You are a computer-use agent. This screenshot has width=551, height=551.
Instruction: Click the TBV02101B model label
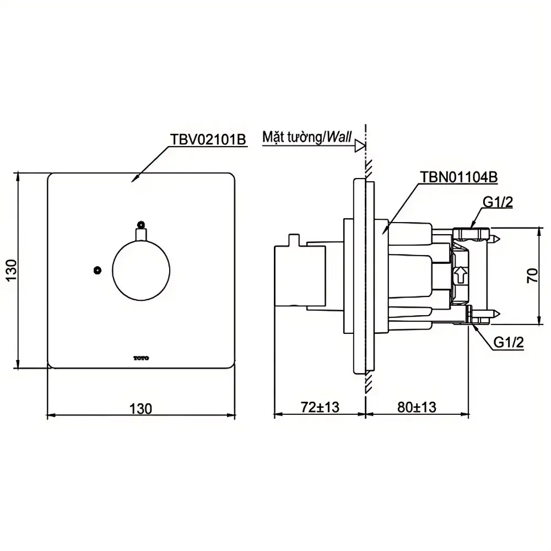pyautogui.click(x=208, y=139)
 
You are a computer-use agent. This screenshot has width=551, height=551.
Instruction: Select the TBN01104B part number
pyautogui.click(x=458, y=177)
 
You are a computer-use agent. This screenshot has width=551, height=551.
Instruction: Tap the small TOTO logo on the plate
pyautogui.click(x=141, y=358)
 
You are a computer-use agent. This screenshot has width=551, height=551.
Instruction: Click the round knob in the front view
pyautogui.click(x=141, y=270)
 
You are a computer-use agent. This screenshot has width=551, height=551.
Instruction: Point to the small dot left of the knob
pyautogui.click(x=98, y=270)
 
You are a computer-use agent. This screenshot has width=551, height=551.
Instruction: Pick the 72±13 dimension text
pyautogui.click(x=320, y=407)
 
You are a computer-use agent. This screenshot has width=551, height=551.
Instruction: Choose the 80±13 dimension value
pyautogui.click(x=417, y=407)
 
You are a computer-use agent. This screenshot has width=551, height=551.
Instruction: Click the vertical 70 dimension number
pyautogui.click(x=532, y=275)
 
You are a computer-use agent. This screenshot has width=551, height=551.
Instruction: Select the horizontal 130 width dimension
pyautogui.click(x=141, y=409)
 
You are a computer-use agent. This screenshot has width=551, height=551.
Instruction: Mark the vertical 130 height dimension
pyautogui.click(x=12, y=270)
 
